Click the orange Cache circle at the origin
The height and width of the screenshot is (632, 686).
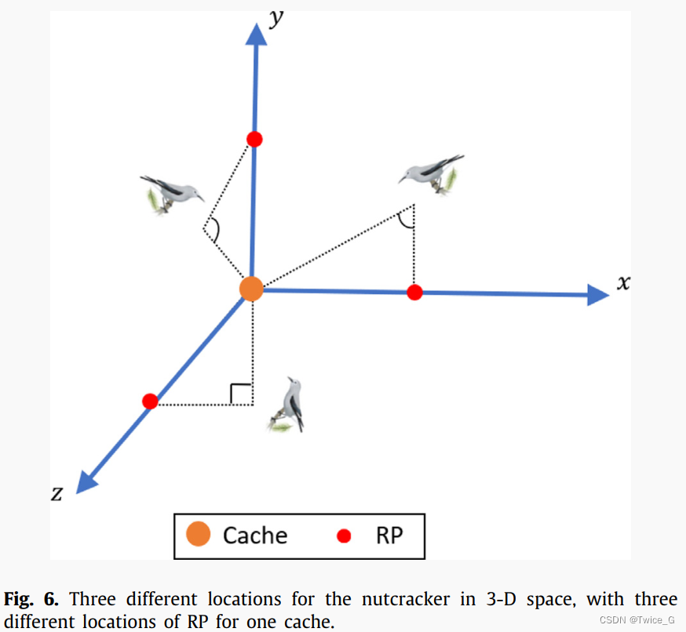tap(251, 289)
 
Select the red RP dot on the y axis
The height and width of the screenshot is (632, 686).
tap(254, 140)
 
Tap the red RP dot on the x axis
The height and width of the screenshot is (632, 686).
tap(415, 292)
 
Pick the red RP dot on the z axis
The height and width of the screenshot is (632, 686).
tap(151, 401)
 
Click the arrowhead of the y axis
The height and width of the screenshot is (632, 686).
tap(256, 33)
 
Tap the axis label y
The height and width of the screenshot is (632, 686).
tap(276, 17)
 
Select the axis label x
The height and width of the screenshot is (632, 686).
tap(623, 283)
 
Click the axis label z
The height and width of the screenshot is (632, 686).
tap(57, 493)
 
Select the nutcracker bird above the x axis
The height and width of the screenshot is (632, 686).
tap(431, 174)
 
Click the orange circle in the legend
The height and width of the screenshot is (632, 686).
tap(198, 535)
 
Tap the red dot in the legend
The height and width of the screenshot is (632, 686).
tap(343, 536)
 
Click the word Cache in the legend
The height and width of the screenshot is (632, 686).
tap(255, 535)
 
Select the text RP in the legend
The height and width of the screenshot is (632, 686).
tap(389, 535)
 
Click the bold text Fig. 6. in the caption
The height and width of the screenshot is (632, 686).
tap(31, 600)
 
